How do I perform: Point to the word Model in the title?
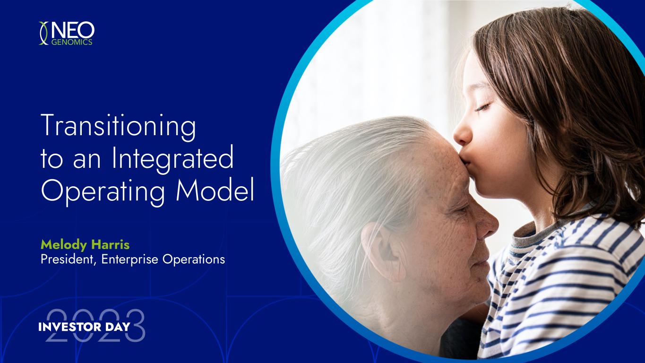215,189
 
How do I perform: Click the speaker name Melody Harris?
85,245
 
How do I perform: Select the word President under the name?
69,259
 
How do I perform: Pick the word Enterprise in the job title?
129,260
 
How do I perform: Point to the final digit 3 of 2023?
135,325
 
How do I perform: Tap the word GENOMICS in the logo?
72,42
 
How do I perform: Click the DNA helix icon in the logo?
43,33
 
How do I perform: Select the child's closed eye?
483,107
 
